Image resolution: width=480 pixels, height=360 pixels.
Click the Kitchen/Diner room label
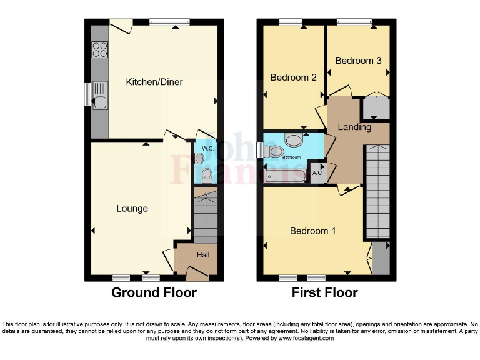coord(154,82)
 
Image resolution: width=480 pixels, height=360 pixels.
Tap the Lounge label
coord(132,208)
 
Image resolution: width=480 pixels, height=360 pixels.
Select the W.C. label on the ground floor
coord(208,149)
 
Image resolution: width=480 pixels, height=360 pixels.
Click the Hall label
coord(203,255)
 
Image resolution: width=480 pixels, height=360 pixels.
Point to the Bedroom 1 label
coord(313,231)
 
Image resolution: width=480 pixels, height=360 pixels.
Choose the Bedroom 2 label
coord(293,77)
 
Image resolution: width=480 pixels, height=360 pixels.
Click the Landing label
coord(354,127)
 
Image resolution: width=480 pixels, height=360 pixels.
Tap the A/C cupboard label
coord(317,172)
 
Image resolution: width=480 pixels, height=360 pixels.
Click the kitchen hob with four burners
coord(100,49)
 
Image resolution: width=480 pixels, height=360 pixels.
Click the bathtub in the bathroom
coord(285,176)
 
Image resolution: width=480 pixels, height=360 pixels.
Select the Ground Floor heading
coord(154,292)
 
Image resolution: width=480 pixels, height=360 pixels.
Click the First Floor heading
coord(324,292)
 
